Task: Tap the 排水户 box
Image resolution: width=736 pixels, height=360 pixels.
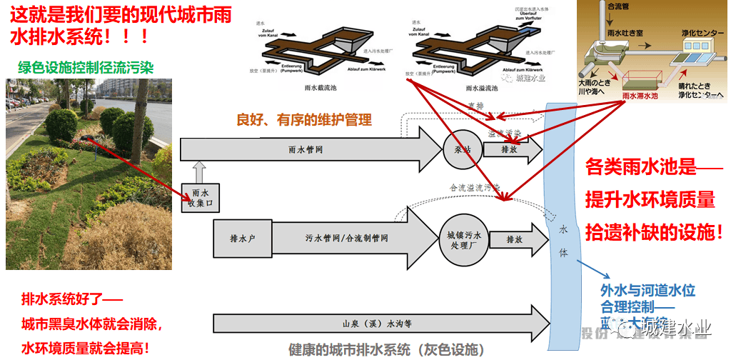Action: pos(238,238)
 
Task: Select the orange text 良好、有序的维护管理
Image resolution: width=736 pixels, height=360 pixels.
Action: pos(304,119)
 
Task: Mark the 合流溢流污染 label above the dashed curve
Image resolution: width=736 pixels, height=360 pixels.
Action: pos(475,188)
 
